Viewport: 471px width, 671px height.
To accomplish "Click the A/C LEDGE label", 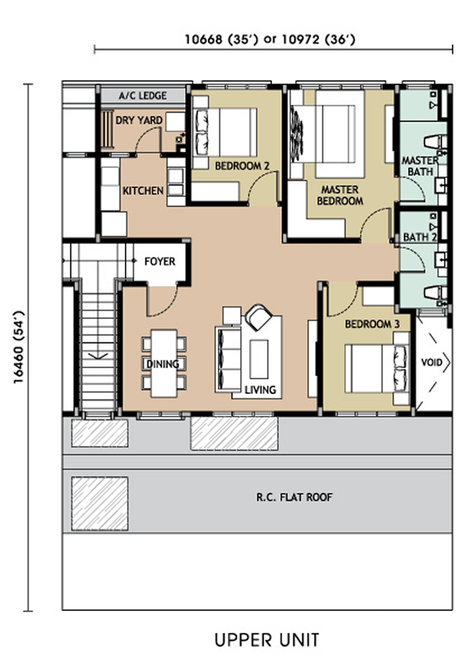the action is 143,95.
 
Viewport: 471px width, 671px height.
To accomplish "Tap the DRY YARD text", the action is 139,120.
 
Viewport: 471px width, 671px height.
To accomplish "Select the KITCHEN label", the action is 143,190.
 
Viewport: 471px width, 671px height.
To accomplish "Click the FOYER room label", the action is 160,261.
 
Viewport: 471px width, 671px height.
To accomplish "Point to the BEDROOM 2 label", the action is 242,166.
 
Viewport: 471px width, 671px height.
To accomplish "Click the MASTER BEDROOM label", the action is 340,195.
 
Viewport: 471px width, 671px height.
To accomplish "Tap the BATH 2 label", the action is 420,237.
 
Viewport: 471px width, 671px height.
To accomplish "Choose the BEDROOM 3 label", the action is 372,324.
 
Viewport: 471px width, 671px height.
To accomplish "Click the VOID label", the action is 431,363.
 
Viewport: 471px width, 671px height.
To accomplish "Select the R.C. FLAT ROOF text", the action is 294,497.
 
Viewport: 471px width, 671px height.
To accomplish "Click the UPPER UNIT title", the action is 267,640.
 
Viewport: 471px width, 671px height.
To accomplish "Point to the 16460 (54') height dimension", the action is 19,347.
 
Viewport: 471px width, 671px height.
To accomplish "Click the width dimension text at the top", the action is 270,40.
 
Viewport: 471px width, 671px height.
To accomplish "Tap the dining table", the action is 164,363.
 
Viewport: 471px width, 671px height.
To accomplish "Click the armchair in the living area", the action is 259,317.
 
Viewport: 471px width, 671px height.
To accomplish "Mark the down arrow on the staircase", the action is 98,355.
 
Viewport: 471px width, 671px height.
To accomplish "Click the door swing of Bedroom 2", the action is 263,188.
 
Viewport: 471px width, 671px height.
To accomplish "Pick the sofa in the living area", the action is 228,359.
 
